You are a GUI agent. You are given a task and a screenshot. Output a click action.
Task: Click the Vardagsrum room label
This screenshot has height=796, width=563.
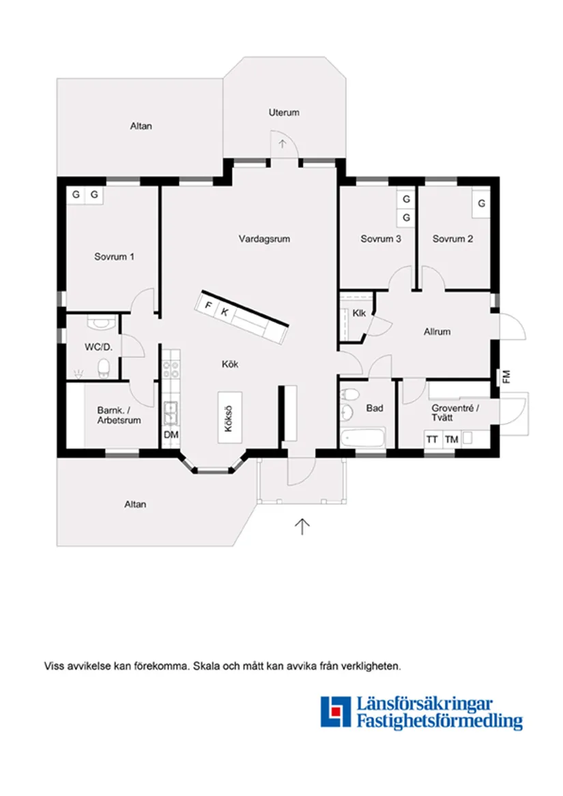pyautogui.click(x=265, y=239)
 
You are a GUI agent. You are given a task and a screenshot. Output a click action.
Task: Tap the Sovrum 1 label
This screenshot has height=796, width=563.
pyautogui.click(x=114, y=257)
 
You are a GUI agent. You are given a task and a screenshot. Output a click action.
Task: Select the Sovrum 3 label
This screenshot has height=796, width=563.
pyautogui.click(x=381, y=239)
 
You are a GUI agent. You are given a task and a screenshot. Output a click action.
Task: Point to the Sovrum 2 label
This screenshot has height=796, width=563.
pyautogui.click(x=452, y=239)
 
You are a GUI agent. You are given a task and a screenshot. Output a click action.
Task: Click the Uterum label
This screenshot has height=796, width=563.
pyautogui.click(x=284, y=113)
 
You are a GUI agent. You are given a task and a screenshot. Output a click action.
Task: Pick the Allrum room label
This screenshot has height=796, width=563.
pyautogui.click(x=437, y=332)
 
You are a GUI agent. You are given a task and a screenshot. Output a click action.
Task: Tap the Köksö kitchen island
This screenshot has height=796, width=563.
pyautogui.click(x=229, y=417)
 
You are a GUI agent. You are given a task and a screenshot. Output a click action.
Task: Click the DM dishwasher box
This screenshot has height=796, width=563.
pyautogui.click(x=171, y=434)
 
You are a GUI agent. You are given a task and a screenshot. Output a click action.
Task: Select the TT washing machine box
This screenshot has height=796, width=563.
pyautogui.click(x=432, y=439)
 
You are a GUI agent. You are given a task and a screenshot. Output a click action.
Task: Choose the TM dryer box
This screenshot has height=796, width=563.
pyautogui.click(x=451, y=439)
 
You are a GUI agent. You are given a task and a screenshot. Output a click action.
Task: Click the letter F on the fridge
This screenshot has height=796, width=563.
pyautogui.click(x=209, y=306)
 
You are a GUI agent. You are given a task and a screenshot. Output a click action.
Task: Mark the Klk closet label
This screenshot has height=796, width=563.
pyautogui.click(x=360, y=313)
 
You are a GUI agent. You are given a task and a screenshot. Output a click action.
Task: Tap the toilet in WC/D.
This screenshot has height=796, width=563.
pyautogui.click(x=104, y=369)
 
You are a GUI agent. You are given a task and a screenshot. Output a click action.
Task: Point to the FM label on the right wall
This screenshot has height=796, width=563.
pyautogui.click(x=506, y=376)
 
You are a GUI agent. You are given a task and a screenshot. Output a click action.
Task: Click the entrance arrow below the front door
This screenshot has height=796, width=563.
pyautogui.click(x=302, y=525)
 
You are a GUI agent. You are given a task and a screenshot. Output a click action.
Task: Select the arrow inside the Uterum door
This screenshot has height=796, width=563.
pyautogui.click(x=283, y=144)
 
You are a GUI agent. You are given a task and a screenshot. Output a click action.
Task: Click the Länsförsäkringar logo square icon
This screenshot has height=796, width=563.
pyautogui.click(x=335, y=711)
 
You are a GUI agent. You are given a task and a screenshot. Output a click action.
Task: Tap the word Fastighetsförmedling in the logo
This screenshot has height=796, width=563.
pyautogui.click(x=439, y=720)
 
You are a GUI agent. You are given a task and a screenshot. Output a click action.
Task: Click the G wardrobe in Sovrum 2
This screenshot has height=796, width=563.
pyautogui.click(x=481, y=203)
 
